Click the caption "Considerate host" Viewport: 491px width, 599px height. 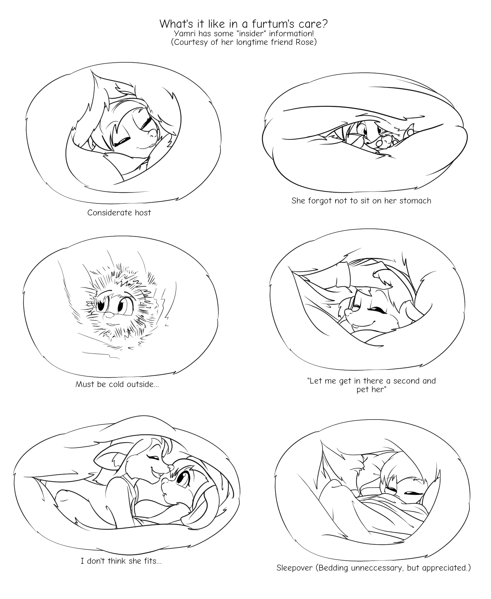point(119,213)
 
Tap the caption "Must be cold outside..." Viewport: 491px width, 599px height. point(117,384)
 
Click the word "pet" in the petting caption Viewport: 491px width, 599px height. point(362,390)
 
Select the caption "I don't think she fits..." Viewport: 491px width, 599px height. point(121,561)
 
